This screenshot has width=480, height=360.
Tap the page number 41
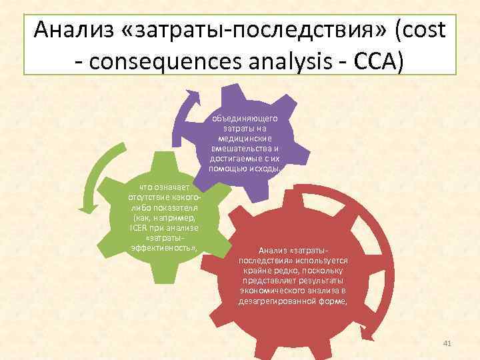click(447, 343)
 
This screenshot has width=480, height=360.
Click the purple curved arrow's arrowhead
click(194, 97)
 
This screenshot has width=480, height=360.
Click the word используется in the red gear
click(317, 261)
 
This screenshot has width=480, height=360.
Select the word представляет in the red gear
click(281, 281)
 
